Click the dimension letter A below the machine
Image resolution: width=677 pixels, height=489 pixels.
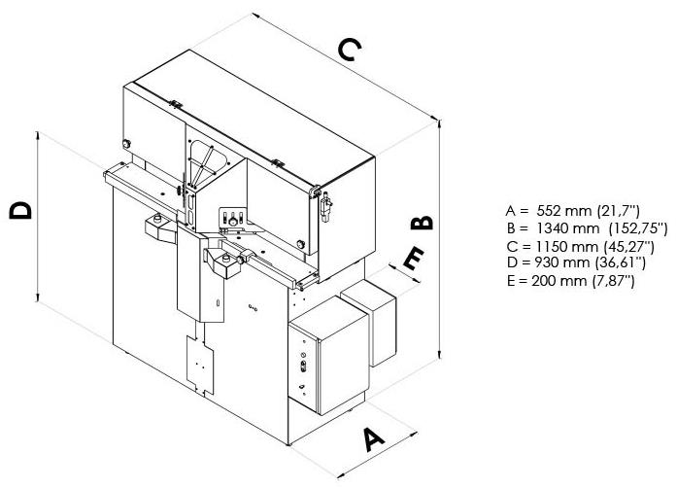[x=373, y=439]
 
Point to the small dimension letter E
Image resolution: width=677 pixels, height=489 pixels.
[x=412, y=259]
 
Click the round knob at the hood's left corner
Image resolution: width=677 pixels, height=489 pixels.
[x=127, y=145]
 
